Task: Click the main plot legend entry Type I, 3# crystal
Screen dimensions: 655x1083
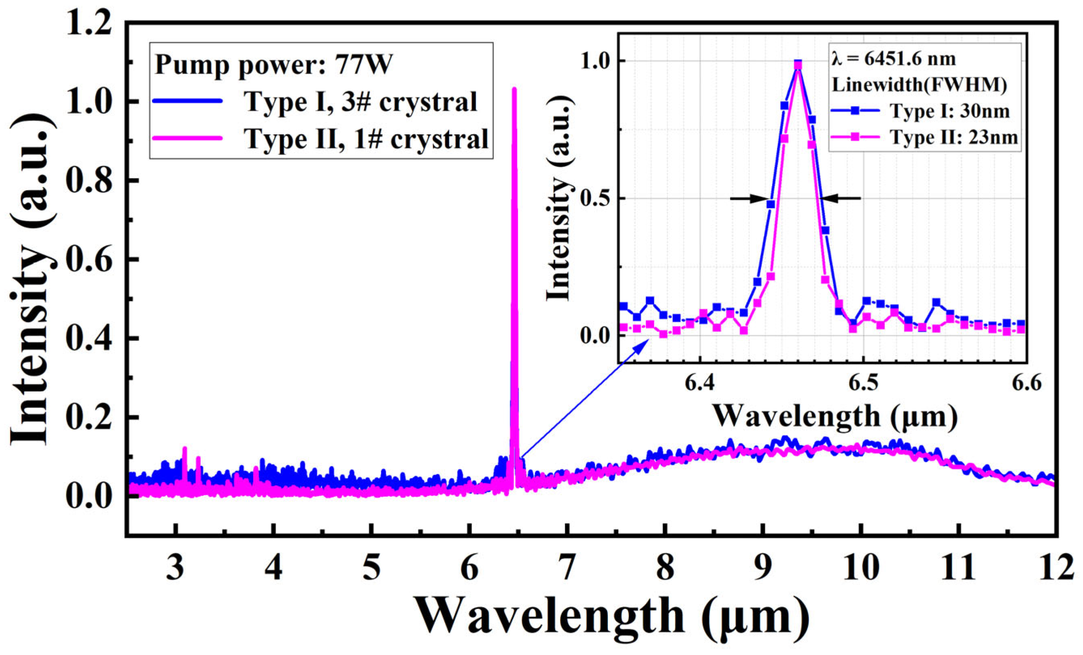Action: click(361, 102)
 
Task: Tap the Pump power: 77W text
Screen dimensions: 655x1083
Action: click(274, 65)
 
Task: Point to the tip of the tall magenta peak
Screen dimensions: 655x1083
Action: click(514, 90)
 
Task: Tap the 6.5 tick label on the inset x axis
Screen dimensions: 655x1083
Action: click(864, 383)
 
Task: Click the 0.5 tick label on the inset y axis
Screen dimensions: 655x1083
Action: click(596, 198)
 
